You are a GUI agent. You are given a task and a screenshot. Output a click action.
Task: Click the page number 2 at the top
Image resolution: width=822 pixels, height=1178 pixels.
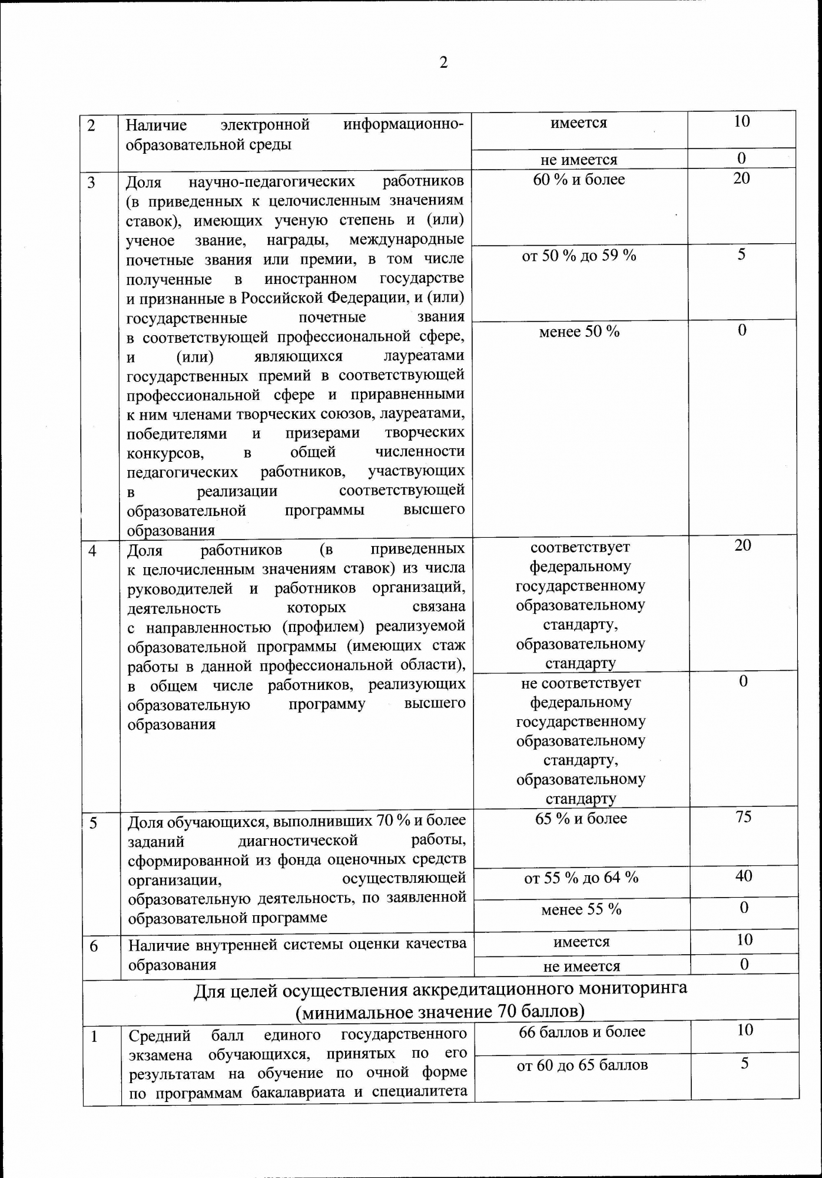click(x=443, y=62)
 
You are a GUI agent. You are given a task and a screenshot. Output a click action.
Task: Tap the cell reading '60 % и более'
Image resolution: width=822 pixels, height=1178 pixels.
click(x=579, y=180)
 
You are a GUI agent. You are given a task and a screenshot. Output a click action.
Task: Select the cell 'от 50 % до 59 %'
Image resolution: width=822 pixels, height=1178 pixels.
click(x=579, y=256)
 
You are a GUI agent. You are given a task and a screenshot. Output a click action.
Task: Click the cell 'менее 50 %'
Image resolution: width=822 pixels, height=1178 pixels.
click(x=579, y=332)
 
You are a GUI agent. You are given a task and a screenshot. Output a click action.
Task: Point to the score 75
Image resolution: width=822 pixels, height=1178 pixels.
click(x=744, y=817)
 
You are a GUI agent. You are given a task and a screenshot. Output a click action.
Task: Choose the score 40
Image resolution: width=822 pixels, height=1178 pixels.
click(x=744, y=876)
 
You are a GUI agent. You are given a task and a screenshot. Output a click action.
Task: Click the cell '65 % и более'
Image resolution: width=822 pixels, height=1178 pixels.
click(x=581, y=819)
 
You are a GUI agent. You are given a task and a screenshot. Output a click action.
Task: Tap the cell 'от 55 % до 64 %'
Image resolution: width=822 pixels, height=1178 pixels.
click(x=581, y=878)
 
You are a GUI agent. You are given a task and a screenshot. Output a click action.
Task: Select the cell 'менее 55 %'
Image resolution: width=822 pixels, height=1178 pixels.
click(x=581, y=910)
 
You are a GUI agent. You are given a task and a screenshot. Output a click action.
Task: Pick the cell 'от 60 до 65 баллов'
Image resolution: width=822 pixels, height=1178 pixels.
click(x=582, y=1065)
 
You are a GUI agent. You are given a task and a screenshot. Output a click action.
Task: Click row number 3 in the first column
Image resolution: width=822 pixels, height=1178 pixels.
click(x=91, y=183)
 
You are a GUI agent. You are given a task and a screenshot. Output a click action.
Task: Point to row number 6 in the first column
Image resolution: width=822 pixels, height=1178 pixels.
click(x=94, y=947)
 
